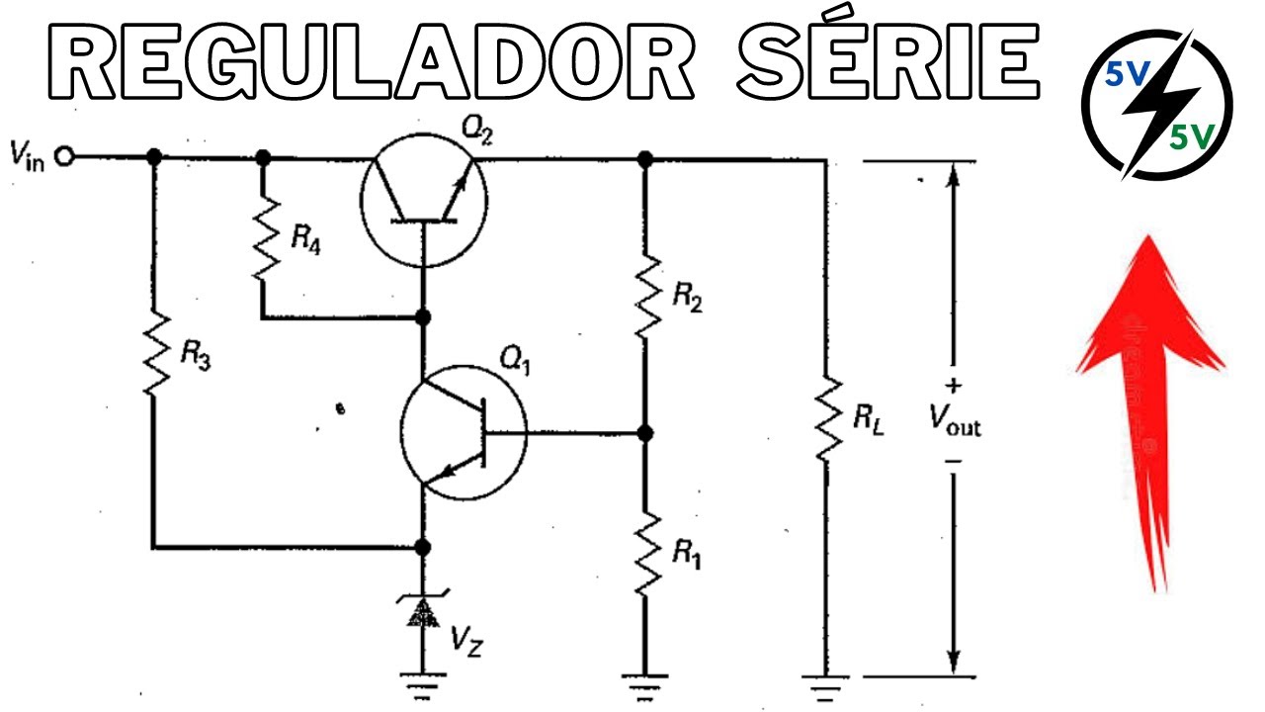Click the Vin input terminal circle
coord(66,156)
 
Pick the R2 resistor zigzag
coord(645,294)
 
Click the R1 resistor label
coord(687,556)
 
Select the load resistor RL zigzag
coord(826,417)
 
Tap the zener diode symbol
coord(423,613)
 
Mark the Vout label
coord(954,423)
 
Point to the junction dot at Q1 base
coord(645,433)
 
